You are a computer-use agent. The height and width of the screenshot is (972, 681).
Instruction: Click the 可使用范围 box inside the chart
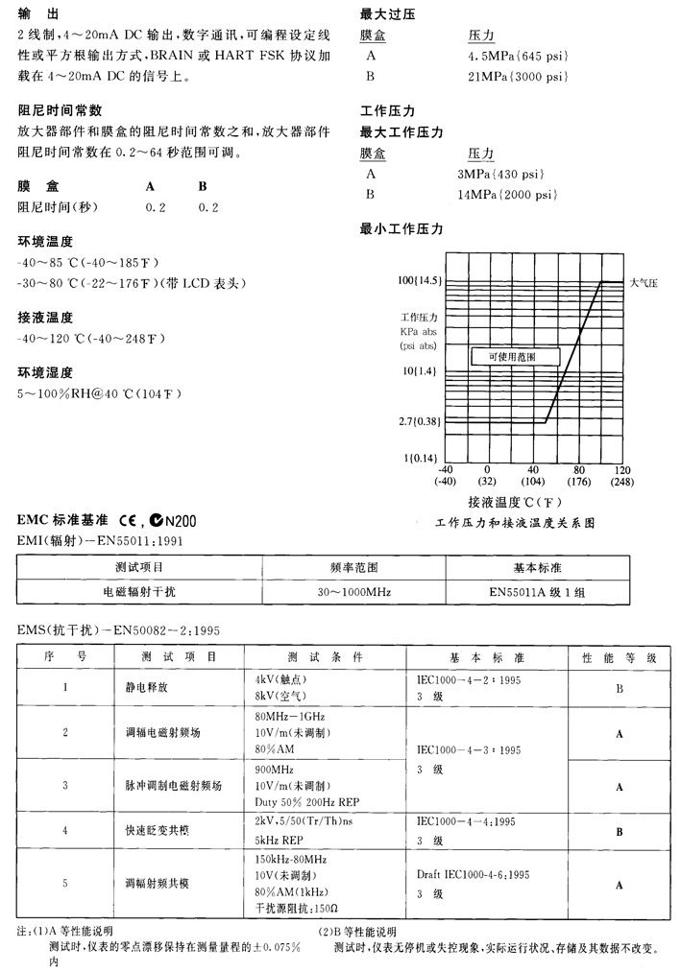[x=511, y=356]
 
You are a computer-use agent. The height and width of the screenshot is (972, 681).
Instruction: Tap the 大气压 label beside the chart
[x=643, y=283]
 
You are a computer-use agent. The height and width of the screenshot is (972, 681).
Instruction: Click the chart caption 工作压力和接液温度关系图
[x=515, y=524]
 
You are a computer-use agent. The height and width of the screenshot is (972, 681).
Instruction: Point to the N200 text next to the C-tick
[x=180, y=521]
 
